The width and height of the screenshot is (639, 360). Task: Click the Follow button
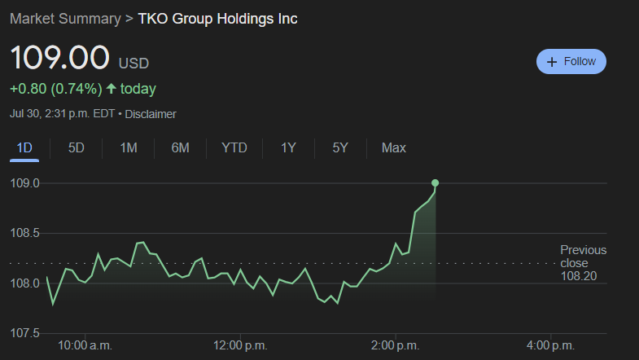click(x=571, y=62)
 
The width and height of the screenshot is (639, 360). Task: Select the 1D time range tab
click(x=24, y=148)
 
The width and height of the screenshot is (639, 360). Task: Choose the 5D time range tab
click(x=76, y=148)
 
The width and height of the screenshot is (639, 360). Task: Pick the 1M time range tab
click(x=128, y=148)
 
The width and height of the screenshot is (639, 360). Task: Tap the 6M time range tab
click(x=180, y=148)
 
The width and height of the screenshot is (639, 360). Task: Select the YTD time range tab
click(x=234, y=148)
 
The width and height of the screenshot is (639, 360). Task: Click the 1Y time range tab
click(x=288, y=148)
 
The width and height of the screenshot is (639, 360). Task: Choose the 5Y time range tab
click(x=340, y=148)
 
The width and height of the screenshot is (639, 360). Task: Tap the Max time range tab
click(x=394, y=148)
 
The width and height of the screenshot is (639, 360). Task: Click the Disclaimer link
click(x=151, y=114)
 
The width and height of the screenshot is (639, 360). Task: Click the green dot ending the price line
click(x=435, y=182)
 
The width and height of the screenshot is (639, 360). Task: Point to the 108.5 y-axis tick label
click(x=25, y=234)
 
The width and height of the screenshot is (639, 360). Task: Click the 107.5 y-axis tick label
click(x=25, y=333)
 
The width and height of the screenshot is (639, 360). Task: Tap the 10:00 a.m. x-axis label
click(x=85, y=345)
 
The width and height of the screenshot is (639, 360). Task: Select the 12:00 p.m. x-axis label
click(x=239, y=345)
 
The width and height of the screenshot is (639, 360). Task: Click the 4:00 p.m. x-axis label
click(x=551, y=345)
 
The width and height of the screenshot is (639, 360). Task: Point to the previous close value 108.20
click(x=578, y=277)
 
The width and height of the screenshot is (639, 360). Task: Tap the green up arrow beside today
click(x=112, y=89)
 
